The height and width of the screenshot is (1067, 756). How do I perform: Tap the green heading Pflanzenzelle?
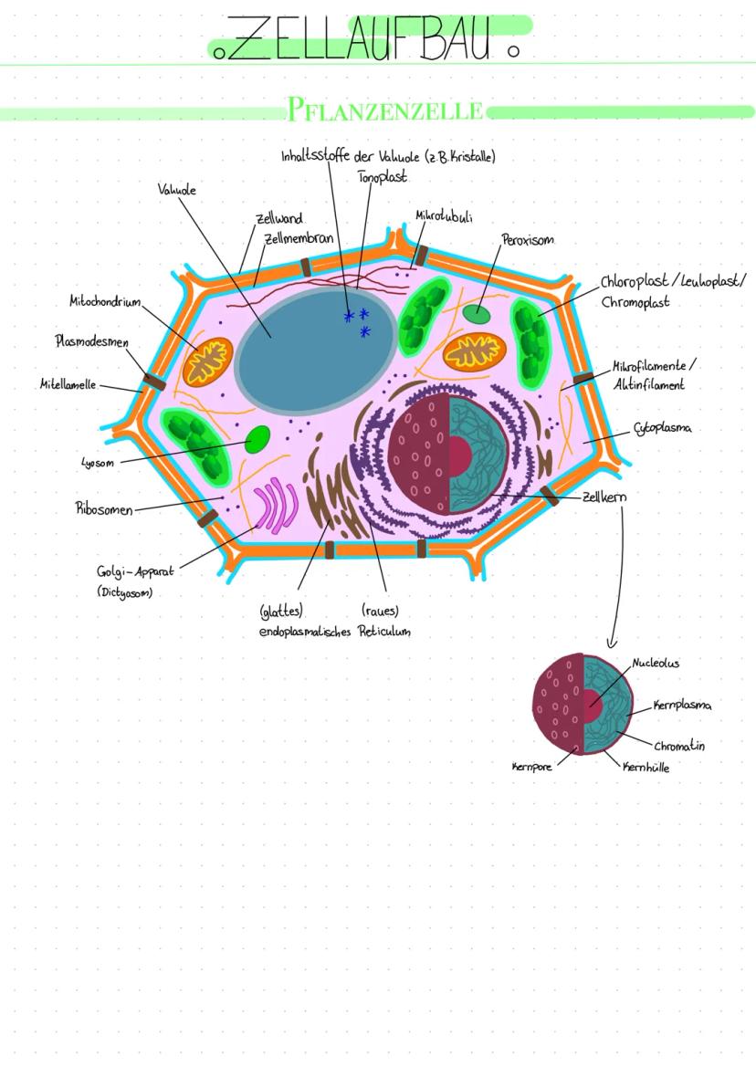(385, 111)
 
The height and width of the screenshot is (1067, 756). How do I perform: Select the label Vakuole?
(177, 190)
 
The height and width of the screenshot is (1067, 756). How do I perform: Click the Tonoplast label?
(382, 176)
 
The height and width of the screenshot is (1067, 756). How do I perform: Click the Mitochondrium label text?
(105, 301)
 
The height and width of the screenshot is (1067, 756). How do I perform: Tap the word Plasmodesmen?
(92, 341)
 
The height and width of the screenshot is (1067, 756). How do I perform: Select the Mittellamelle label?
(68, 384)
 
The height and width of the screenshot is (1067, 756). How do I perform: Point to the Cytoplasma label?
(662, 428)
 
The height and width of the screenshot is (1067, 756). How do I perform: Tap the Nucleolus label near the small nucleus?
(656, 664)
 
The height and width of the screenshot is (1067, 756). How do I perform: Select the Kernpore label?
(531, 768)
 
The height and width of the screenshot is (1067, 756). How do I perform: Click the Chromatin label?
(678, 746)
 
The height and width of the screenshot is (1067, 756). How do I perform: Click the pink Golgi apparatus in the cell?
(275, 507)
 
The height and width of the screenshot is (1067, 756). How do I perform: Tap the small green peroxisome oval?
(476, 314)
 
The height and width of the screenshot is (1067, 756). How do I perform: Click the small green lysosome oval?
(257, 437)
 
